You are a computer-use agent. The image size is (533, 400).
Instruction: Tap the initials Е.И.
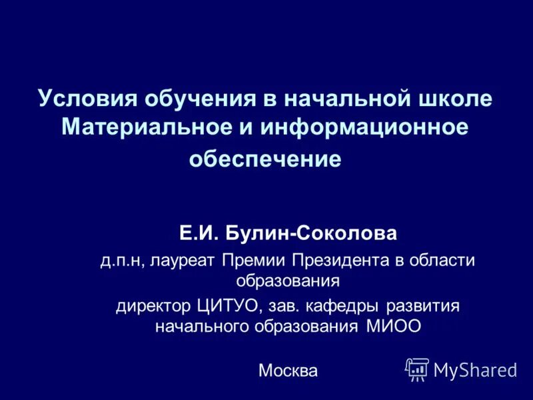(x=198, y=233)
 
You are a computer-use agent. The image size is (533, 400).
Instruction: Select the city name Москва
(x=288, y=370)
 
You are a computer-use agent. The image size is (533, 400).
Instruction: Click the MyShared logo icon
(x=417, y=369)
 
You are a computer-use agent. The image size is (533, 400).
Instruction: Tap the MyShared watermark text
(x=474, y=370)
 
